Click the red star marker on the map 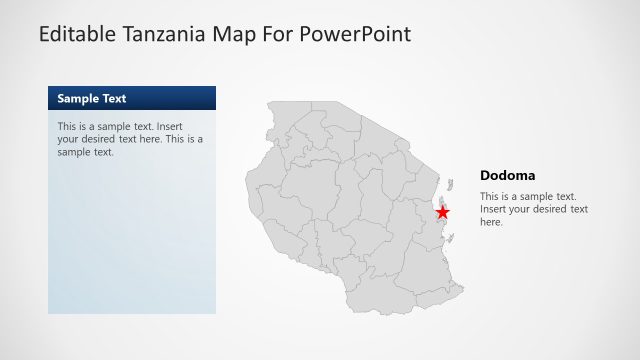(442, 212)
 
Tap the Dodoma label (507, 175)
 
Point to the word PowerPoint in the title (357, 34)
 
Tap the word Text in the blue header (114, 98)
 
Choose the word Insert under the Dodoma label (495, 209)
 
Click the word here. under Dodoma (491, 222)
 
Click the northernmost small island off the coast (451, 183)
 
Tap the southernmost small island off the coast (452, 238)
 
